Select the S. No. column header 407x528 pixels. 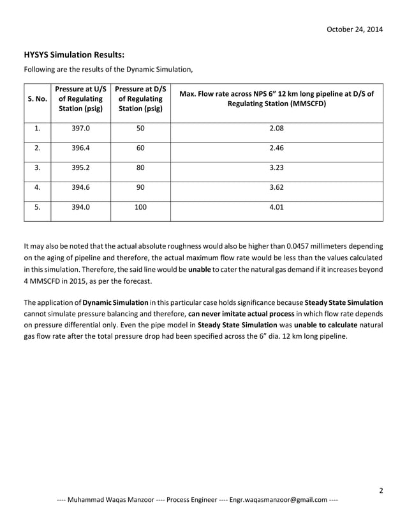(x=37, y=99)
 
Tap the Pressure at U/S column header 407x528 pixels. (x=81, y=99)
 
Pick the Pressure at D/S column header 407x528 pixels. (x=140, y=99)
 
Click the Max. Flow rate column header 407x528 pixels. (x=277, y=98)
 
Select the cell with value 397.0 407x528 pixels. (x=81, y=128)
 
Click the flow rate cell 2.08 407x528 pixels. (x=277, y=128)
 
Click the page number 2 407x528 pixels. (x=380, y=490)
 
